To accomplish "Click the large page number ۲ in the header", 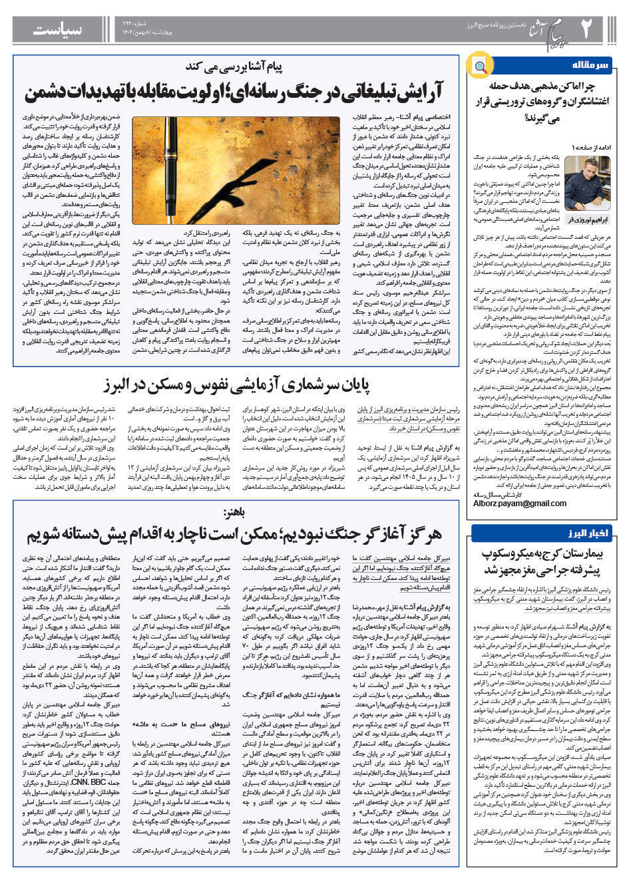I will (x=586, y=29).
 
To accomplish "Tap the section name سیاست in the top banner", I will (x=58, y=30).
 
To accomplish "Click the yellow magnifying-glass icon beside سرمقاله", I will (x=479, y=65).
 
